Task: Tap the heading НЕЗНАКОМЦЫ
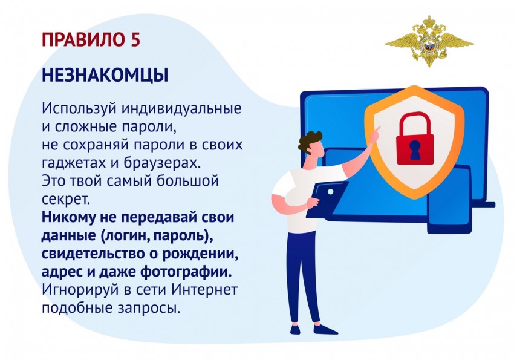[x=105, y=76]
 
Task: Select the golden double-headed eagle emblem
[x=429, y=41]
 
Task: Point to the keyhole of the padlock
[x=415, y=150]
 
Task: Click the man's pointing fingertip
[x=380, y=127]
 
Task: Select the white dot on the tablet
[x=330, y=191]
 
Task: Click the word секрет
[x=65, y=199]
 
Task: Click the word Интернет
[x=204, y=290]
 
